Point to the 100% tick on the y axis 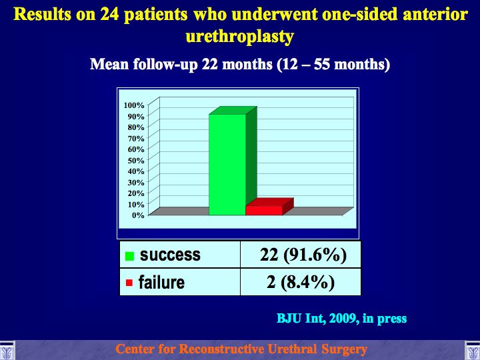pyautogui.click(x=134, y=105)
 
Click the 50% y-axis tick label pyautogui.click(x=136, y=161)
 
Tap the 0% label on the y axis pyautogui.click(x=138, y=215)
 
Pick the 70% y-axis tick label pyautogui.click(x=136, y=139)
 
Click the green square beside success pyautogui.click(x=129, y=256)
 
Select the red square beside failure pyautogui.click(x=129, y=283)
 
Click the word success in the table pyautogui.click(x=170, y=255)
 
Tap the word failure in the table pyautogui.click(x=161, y=282)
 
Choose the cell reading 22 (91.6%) pyautogui.click(x=301, y=255)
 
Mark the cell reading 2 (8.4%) pyautogui.click(x=301, y=282)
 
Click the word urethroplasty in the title pyautogui.click(x=240, y=37)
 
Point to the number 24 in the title pyautogui.click(x=109, y=14)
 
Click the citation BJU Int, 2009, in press pyautogui.click(x=341, y=319)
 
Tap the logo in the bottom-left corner pyautogui.click(x=7, y=350)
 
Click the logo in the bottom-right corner pyautogui.click(x=473, y=350)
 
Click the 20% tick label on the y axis pyautogui.click(x=136, y=193)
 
